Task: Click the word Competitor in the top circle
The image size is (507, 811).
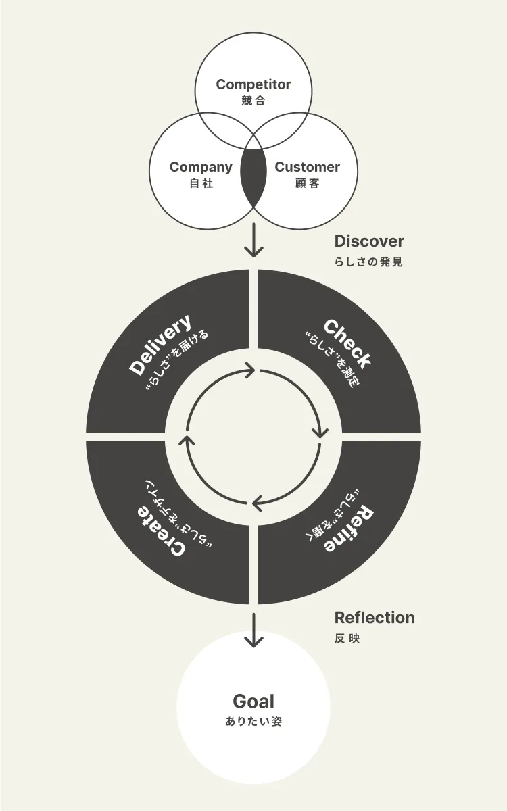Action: click(x=254, y=84)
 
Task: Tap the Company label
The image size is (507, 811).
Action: click(x=201, y=167)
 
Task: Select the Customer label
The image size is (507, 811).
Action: click(x=307, y=167)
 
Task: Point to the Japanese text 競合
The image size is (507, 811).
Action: click(x=254, y=101)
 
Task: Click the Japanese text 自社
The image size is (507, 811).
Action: click(x=201, y=183)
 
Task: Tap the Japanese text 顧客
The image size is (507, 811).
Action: click(x=307, y=183)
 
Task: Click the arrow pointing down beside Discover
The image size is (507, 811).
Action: click(x=254, y=242)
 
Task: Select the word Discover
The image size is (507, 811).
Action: click(x=369, y=241)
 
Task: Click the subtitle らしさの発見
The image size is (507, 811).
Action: click(x=368, y=262)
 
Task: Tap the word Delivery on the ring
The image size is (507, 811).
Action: click(x=160, y=345)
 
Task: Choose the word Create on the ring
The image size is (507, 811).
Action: click(x=162, y=531)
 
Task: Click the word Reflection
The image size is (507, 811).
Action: click(x=375, y=618)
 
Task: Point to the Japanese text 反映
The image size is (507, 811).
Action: click(x=347, y=638)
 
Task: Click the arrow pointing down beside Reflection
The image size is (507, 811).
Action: click(x=254, y=631)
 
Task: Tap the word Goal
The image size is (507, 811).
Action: click(x=254, y=702)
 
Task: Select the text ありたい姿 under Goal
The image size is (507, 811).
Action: click(x=254, y=721)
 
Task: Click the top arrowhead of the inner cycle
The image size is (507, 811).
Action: click(x=250, y=370)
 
